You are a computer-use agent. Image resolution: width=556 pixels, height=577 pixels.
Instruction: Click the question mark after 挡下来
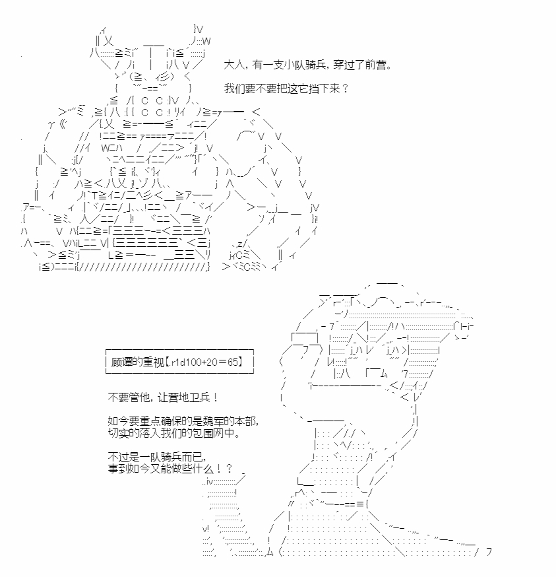point(345,88)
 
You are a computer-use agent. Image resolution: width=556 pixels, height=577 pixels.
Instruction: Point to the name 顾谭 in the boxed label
point(121,362)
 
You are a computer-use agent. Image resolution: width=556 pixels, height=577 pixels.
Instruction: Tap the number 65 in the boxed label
point(233,362)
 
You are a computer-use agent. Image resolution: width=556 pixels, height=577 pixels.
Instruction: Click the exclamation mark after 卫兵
point(215,398)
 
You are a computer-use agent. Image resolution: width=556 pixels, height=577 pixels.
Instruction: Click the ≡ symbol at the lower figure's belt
point(360,504)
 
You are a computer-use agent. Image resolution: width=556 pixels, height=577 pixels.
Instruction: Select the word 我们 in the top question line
point(235,88)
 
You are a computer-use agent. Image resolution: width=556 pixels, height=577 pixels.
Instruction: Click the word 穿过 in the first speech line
point(344,65)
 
